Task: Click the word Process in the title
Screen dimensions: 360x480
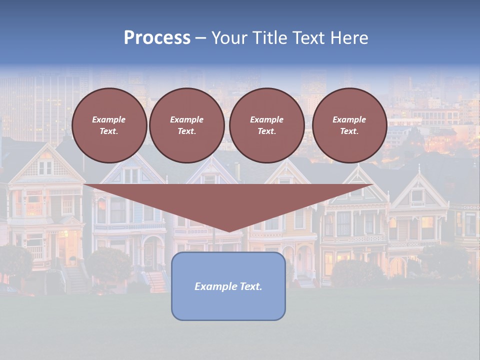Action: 157,38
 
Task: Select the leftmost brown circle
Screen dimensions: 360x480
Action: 109,125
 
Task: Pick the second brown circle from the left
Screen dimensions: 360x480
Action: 186,125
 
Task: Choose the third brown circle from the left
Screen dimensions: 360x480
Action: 266,125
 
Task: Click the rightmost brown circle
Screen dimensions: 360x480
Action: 349,125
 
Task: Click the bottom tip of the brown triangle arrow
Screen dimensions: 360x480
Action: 229,231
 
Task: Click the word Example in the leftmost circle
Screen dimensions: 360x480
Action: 109,119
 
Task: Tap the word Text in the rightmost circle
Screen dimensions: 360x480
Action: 349,131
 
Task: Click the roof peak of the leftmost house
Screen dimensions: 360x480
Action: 46,145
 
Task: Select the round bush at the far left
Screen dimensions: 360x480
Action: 15,260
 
